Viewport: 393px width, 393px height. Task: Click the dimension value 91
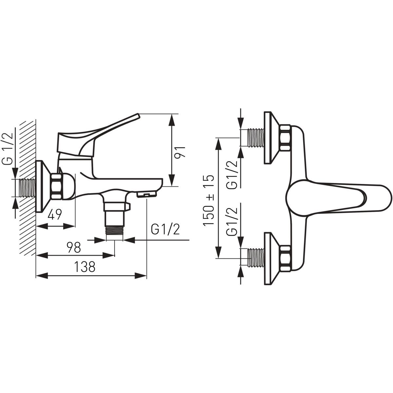click(x=180, y=152)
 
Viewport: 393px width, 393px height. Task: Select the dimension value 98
click(x=74, y=247)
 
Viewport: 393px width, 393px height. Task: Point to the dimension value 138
click(x=84, y=267)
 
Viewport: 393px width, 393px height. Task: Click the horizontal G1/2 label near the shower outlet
click(x=165, y=230)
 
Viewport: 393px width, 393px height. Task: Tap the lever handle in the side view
click(x=98, y=135)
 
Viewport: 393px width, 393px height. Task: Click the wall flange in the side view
click(x=43, y=186)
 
